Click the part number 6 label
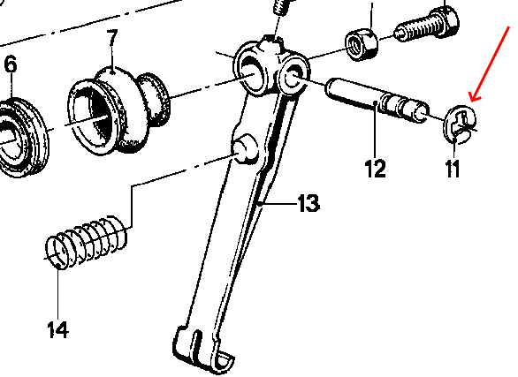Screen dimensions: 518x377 click(11, 64)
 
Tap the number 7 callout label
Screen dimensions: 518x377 click(112, 39)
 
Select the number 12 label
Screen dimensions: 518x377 click(376, 169)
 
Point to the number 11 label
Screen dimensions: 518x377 click(453, 169)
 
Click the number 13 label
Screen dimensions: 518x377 click(309, 203)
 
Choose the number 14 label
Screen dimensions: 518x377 click(58, 329)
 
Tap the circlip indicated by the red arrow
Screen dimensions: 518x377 click(460, 124)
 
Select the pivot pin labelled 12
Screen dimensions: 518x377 click(377, 101)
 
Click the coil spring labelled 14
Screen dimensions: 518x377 click(87, 243)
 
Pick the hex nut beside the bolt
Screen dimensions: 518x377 click(361, 44)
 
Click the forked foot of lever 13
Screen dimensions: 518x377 click(202, 350)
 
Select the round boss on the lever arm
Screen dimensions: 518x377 click(245, 147)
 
